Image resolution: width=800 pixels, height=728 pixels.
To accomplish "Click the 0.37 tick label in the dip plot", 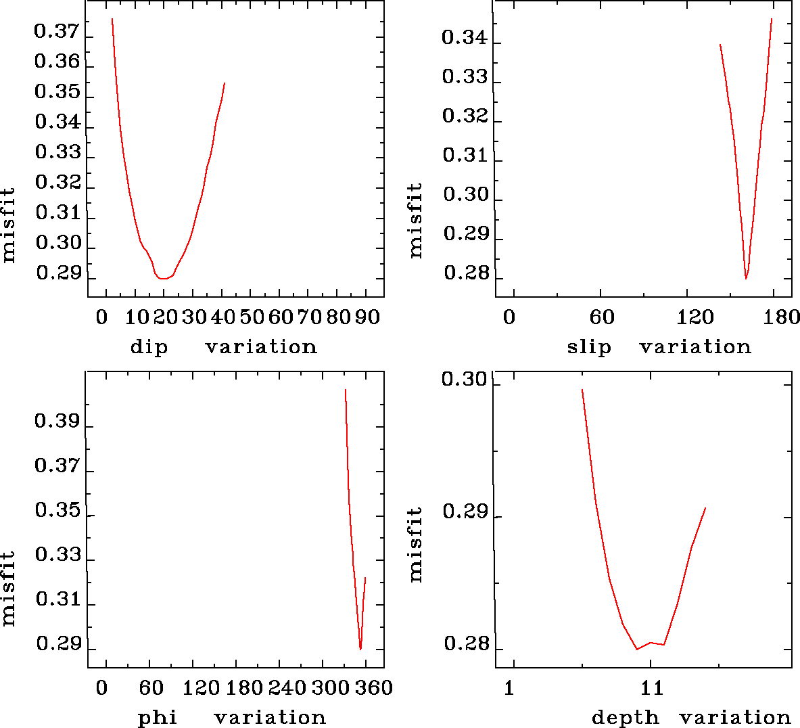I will pos(57,32).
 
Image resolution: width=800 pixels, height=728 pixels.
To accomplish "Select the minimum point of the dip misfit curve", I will pos(163,278).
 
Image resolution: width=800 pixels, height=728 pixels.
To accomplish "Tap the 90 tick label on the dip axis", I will pos(367,317).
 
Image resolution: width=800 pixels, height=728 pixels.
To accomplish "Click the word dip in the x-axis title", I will pos(149,347).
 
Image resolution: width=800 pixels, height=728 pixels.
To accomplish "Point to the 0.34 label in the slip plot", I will pos(464,37).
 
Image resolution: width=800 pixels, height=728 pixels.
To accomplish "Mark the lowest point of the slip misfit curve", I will pos(746,278).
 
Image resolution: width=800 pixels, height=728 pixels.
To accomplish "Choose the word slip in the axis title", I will pos(589,347).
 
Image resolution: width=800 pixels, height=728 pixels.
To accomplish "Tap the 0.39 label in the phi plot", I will pos(57,422).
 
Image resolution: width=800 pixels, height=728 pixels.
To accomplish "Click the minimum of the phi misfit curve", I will pos(360,649).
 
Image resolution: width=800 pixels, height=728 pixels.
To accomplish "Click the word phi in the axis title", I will pos(158,717).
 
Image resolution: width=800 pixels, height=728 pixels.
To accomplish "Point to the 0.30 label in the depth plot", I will pos(464,379).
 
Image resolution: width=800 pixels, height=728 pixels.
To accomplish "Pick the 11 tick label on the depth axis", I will pos(651,688).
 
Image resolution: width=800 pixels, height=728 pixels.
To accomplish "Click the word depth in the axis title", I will pos(625,717).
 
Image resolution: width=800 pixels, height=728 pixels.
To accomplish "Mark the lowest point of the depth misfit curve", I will pos(637,649).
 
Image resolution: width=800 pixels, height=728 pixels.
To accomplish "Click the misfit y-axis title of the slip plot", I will pos(415,220).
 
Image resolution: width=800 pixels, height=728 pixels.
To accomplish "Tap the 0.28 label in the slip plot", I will pos(465,273).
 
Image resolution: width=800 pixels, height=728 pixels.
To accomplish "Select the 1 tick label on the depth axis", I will pos(509,688).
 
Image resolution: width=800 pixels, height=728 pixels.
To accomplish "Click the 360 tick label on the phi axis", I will pos(374,688).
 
